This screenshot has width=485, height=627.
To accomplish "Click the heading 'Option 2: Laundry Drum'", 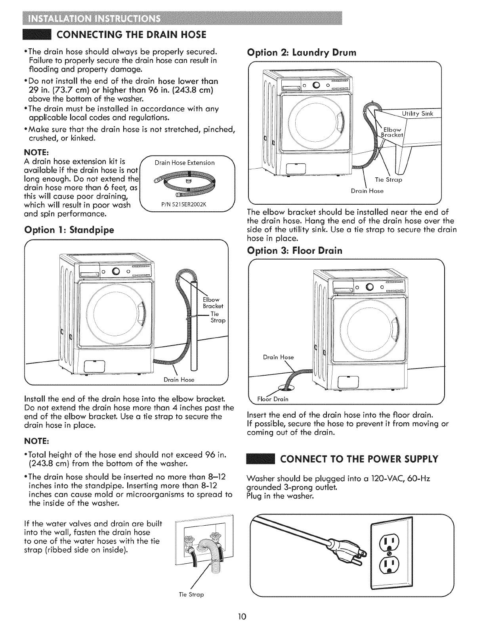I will (x=302, y=52).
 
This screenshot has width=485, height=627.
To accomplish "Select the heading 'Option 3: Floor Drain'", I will (x=294, y=251).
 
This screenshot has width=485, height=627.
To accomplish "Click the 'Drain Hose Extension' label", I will (x=185, y=163).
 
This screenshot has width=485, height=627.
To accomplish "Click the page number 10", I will (x=242, y=616).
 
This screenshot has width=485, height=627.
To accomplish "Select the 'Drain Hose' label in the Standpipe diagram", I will (x=179, y=380).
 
